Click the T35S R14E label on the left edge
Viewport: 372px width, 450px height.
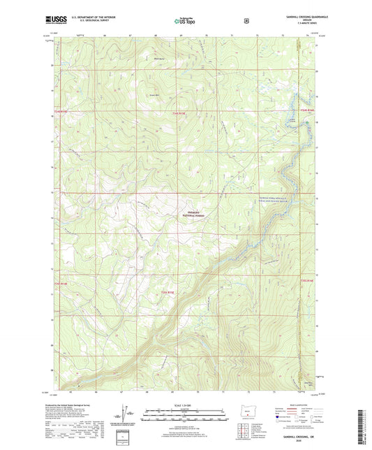[x=60, y=284]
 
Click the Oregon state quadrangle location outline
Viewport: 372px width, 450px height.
[x=244, y=421]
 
